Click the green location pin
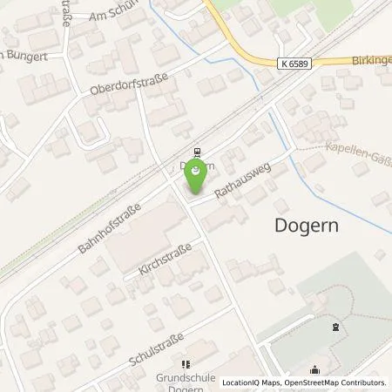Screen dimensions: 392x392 197,174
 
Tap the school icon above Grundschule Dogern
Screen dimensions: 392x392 185,364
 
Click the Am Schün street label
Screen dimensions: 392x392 114,15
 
